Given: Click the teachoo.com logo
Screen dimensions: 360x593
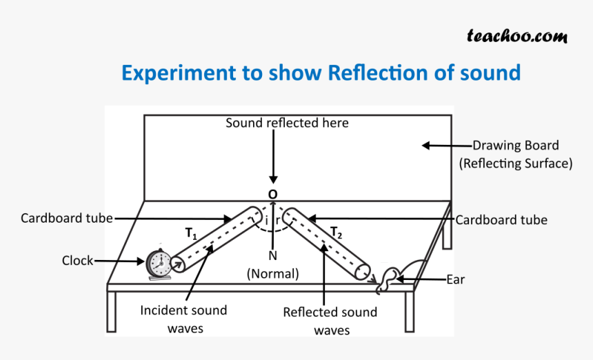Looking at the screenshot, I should (517, 36).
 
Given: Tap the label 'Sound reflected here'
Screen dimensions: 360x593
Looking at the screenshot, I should (288, 123).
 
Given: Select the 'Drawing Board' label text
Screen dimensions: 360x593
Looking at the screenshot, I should (515, 146).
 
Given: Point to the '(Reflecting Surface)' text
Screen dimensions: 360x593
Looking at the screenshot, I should (516, 163).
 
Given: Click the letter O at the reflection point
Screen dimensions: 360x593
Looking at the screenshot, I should (273, 195).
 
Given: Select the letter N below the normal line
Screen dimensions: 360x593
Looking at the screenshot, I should (274, 256).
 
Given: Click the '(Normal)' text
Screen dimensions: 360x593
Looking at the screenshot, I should (273, 273).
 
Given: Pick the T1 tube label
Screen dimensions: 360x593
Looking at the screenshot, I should (191, 234).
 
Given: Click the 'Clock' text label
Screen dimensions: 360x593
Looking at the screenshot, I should (77, 261).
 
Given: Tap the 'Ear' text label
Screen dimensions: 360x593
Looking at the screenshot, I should (455, 279).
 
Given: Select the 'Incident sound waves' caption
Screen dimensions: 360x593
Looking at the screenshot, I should (183, 319).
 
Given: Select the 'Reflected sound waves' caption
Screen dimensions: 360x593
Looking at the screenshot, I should (330, 321).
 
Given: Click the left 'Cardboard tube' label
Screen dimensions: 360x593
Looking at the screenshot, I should (66, 218).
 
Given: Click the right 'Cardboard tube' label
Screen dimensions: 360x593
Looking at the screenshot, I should (501, 219).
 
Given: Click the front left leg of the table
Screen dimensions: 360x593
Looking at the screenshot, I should (111, 310).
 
